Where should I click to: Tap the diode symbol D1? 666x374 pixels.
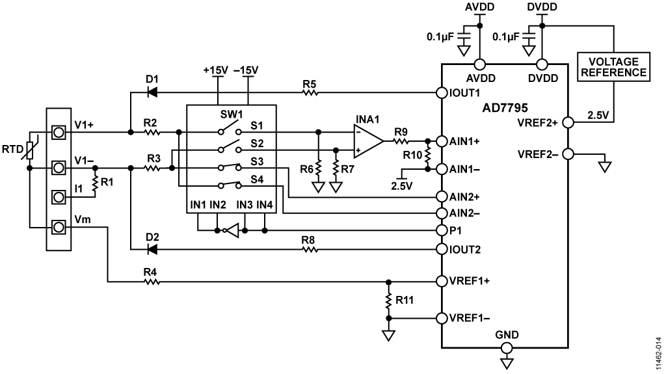tap(152, 92)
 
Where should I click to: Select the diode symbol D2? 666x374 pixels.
tap(152, 249)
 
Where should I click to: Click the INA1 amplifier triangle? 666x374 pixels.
tap(368, 141)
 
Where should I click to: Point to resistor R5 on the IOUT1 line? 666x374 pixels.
tap(310, 92)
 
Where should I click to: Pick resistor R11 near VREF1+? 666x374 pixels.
tap(388, 300)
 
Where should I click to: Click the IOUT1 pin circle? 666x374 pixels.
tap(442, 92)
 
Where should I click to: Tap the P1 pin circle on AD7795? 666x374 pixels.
tap(442, 230)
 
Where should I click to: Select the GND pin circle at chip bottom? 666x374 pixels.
tap(506, 348)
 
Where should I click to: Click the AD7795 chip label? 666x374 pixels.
tap(505, 107)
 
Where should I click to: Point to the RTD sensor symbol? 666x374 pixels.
tap(30, 150)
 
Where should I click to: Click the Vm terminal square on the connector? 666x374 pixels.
tap(59, 228)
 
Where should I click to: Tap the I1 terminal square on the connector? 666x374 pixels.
tap(59, 197)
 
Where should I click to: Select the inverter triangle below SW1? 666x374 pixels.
tap(232, 230)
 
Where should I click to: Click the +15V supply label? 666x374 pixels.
tap(216, 70)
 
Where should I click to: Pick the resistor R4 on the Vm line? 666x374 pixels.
tap(151, 282)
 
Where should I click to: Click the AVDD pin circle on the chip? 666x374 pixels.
tap(479, 64)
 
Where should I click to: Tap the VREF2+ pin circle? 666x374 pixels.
tap(568, 123)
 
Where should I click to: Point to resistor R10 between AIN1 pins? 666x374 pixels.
tap(428, 155)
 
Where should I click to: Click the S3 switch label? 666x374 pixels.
tap(257, 161)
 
